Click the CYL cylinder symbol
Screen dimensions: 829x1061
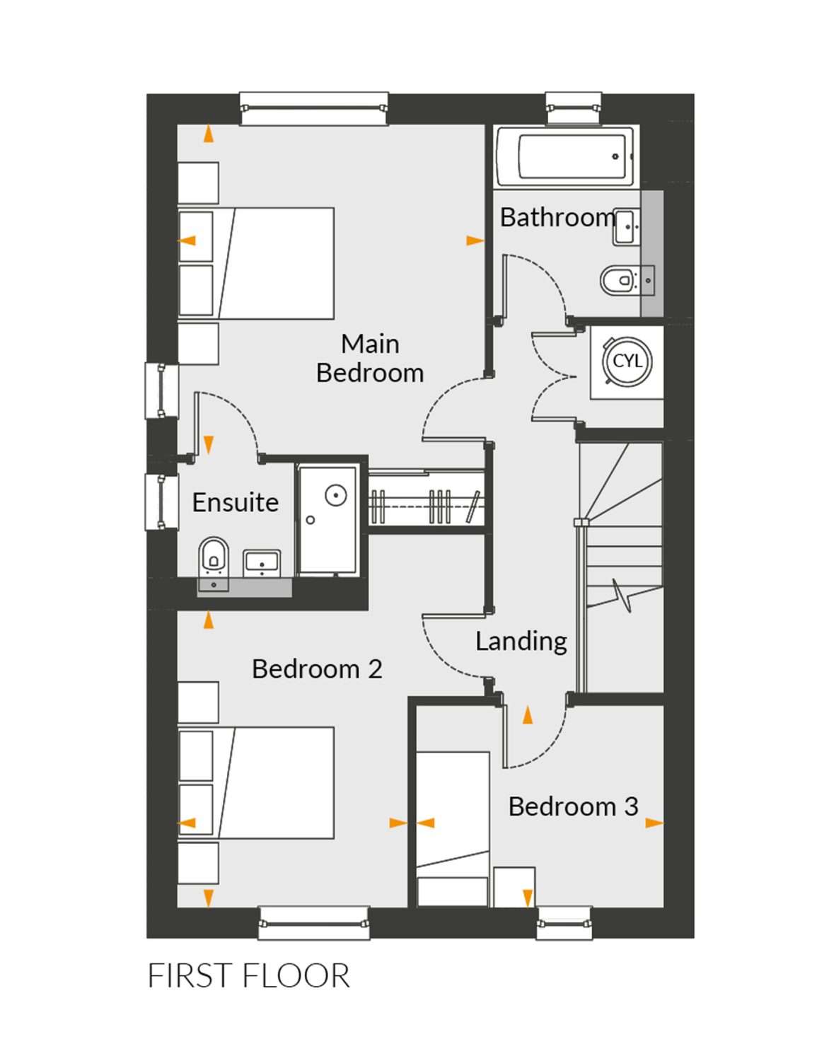[x=627, y=362]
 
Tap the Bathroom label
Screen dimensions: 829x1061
[x=558, y=217]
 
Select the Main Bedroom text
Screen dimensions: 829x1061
[x=369, y=359]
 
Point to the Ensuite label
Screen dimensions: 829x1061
[x=236, y=502]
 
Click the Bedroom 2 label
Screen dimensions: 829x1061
[x=317, y=669]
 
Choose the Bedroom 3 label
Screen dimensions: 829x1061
[x=573, y=806]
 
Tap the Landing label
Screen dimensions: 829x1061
[x=521, y=642]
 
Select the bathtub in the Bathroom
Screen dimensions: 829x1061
[x=565, y=157]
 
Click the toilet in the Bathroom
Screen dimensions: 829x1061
[x=627, y=281]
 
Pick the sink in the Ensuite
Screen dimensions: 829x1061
[x=262, y=562]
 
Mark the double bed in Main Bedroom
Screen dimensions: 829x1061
[x=256, y=264]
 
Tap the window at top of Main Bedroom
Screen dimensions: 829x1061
[x=315, y=108]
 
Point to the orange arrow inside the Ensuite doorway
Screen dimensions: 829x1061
[x=209, y=445]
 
